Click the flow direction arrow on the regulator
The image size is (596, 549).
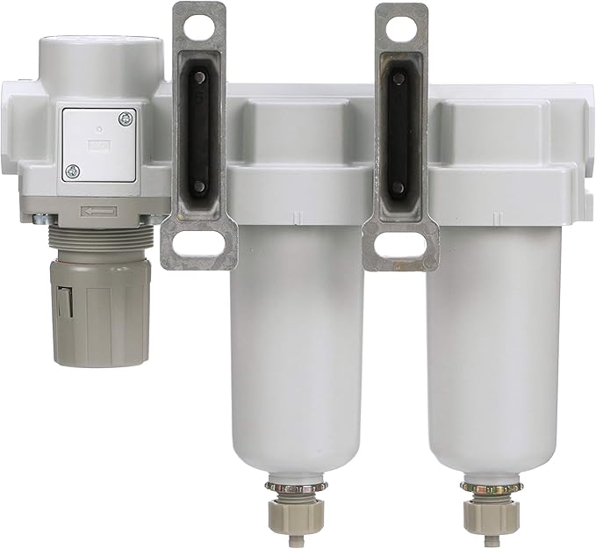99,211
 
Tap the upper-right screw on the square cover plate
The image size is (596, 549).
127,117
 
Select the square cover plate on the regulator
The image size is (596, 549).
99,144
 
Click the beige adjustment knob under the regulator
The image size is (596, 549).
102,307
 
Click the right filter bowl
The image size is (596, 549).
492,351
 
